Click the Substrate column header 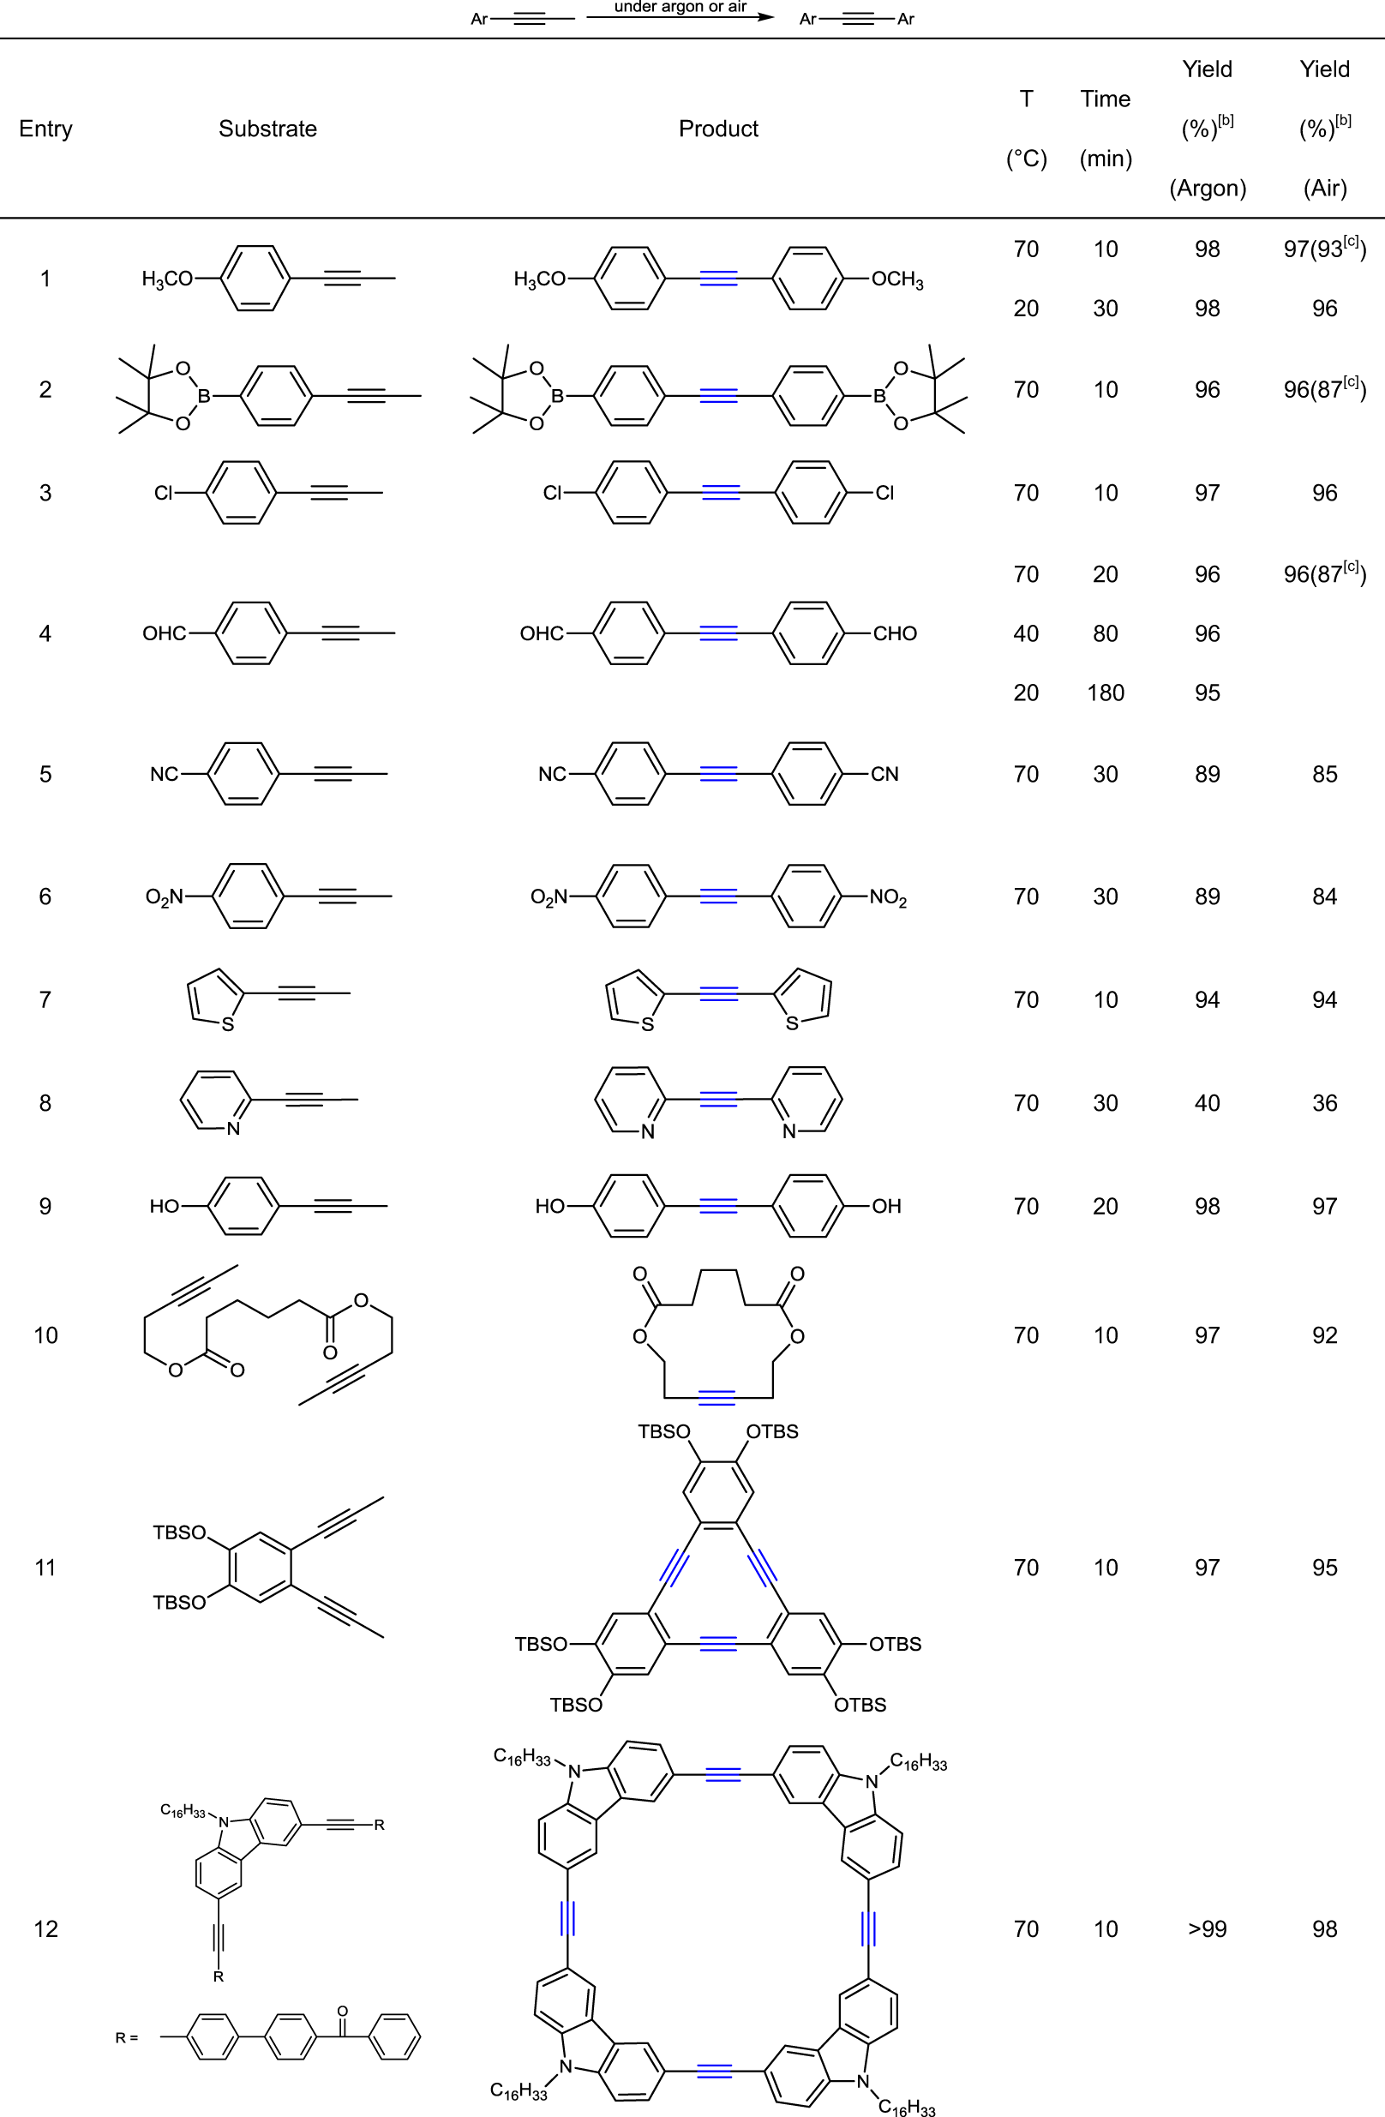coord(267,129)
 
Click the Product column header coord(718,129)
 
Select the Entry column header coord(45,129)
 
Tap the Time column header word coord(1105,99)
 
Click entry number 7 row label coord(45,1000)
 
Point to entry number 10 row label coord(45,1335)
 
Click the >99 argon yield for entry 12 coord(1207,1928)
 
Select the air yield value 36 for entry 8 coord(1324,1103)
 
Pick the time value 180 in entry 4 coord(1105,693)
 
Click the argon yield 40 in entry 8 coord(1207,1103)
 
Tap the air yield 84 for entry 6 coord(1324,897)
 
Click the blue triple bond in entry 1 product coord(718,279)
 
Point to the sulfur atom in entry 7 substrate coord(228,1025)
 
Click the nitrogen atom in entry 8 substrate coord(233,1129)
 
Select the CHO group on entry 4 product coord(894,633)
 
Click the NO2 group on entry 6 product coord(888,897)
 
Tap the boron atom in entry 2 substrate coord(204,396)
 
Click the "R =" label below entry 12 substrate coord(126,2037)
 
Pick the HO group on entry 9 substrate coord(165,1206)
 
